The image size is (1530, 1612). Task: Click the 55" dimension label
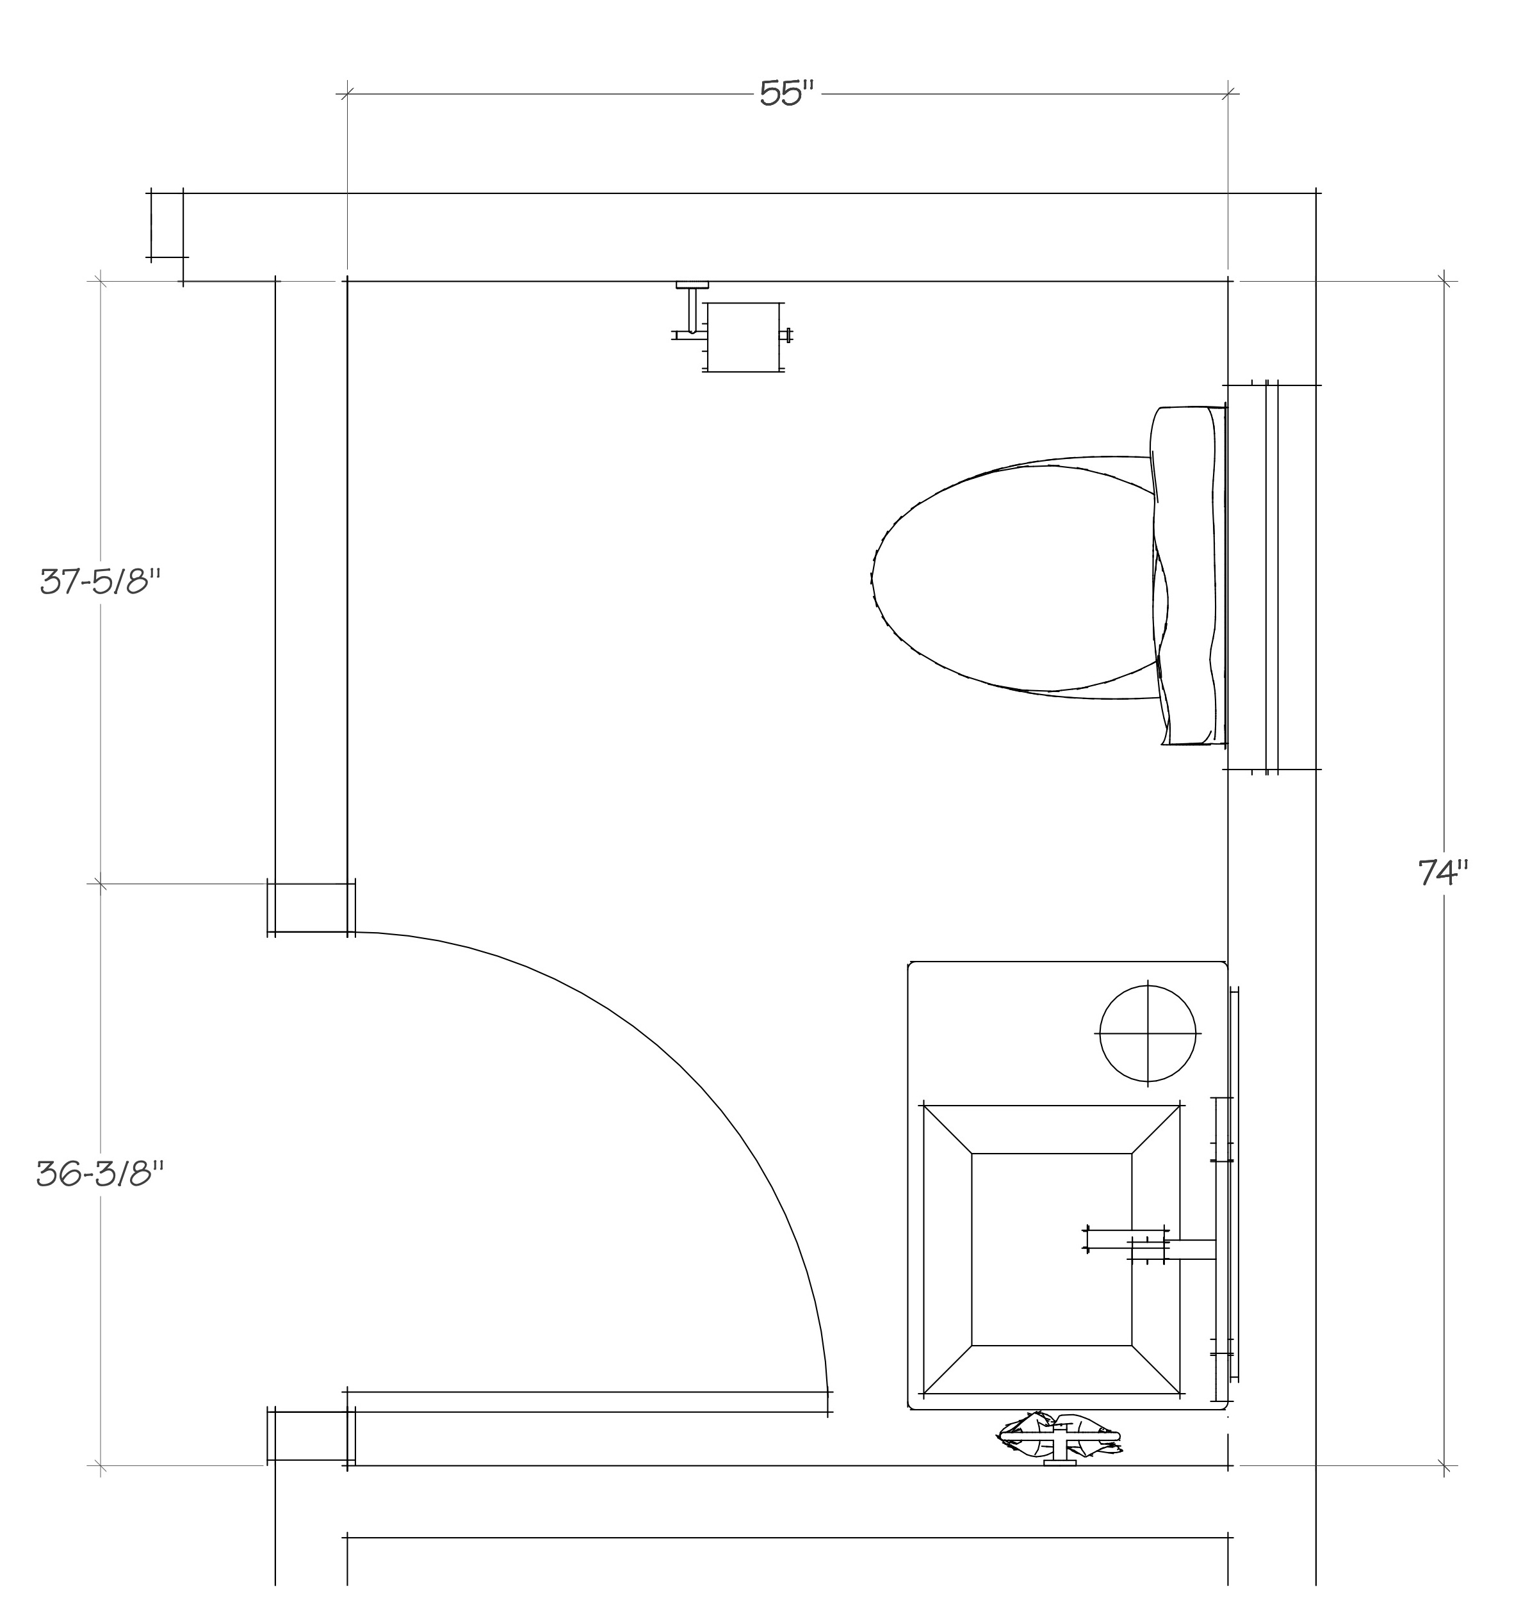pos(787,93)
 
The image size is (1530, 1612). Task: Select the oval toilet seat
pos(1020,577)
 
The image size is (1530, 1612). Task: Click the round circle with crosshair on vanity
pos(1148,1034)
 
